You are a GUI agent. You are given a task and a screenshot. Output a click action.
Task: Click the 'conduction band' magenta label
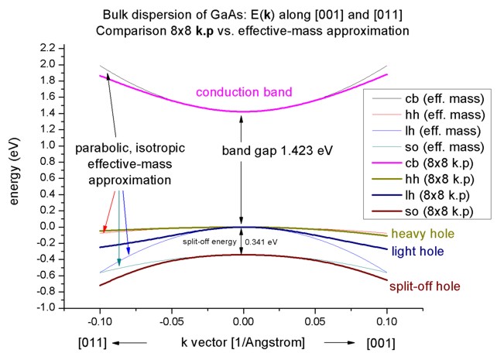[x=243, y=92]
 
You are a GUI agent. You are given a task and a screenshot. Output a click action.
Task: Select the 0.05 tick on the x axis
[x=315, y=319]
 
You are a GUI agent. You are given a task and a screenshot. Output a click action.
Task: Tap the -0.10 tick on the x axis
[x=100, y=319]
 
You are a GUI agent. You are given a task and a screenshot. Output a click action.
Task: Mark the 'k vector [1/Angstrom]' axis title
[x=243, y=342]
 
